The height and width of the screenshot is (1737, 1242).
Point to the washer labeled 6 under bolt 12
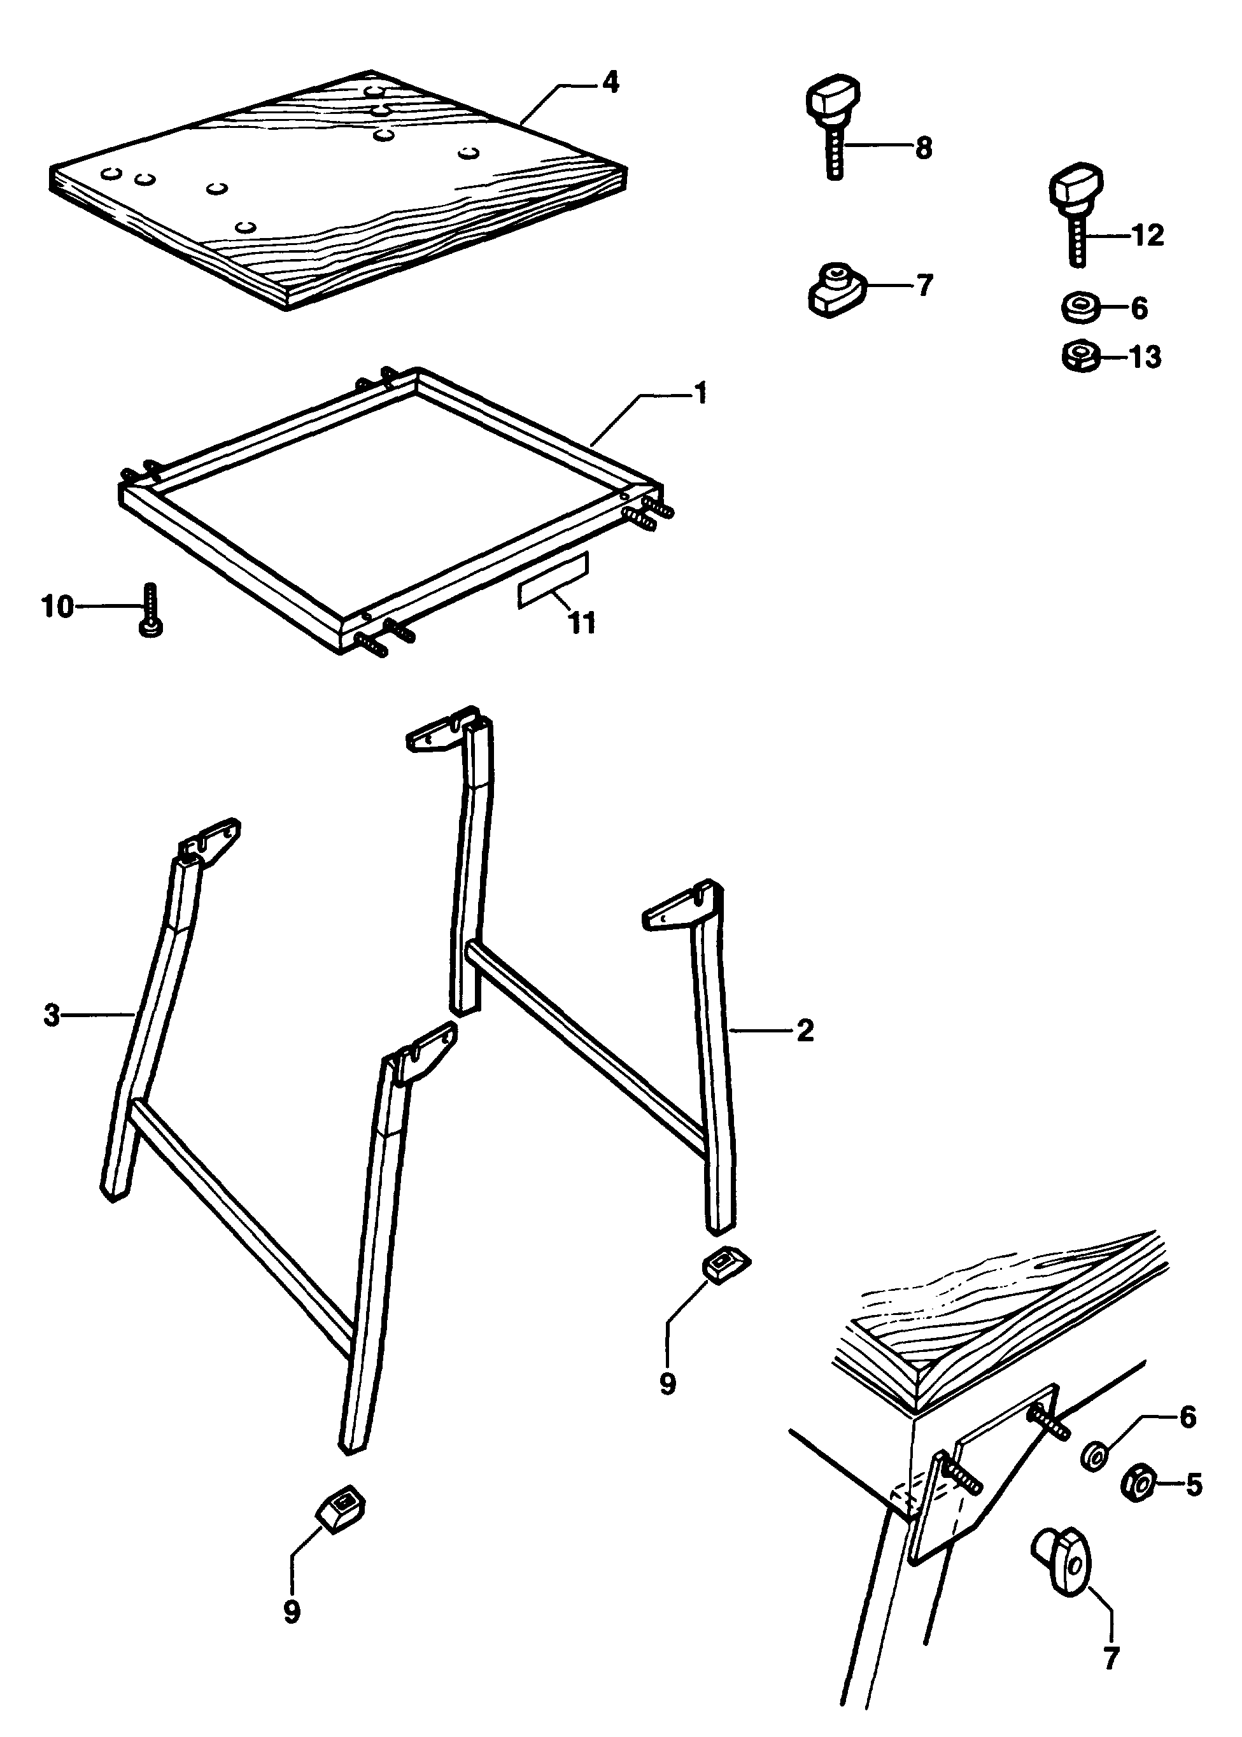[1082, 308]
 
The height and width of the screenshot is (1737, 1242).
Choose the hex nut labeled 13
[1082, 356]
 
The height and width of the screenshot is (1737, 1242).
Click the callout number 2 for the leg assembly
[805, 1030]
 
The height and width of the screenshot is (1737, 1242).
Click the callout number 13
[1145, 357]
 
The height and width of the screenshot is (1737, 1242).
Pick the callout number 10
[57, 608]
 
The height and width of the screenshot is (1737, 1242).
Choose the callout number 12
[1148, 235]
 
